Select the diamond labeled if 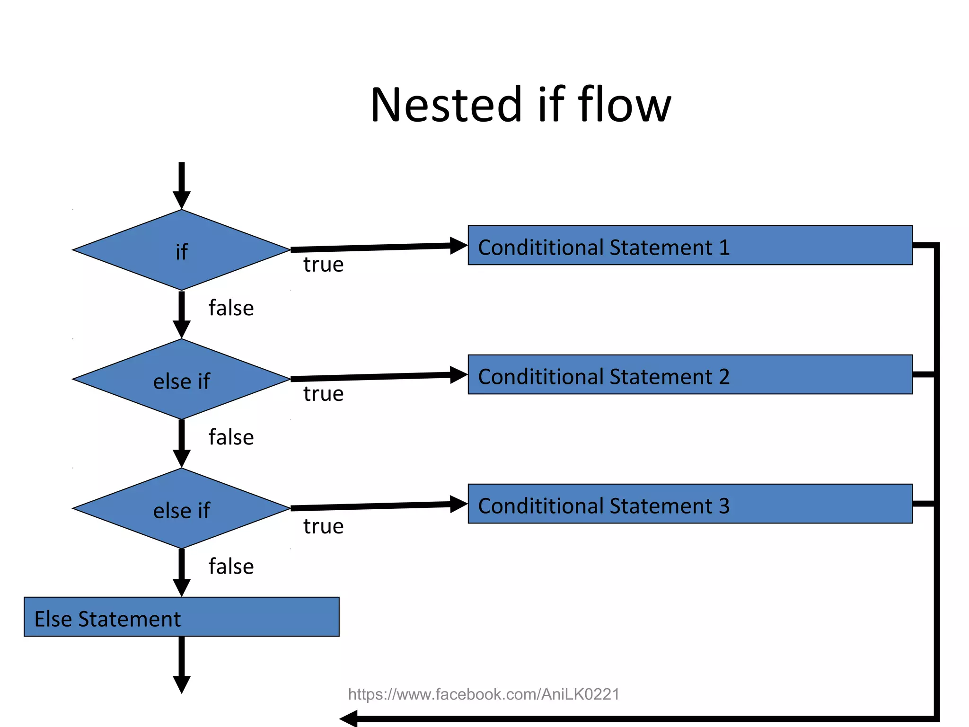[x=181, y=250]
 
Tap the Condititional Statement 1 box [x=690, y=245]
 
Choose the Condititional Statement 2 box [x=690, y=374]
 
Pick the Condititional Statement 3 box [x=690, y=504]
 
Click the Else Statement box [x=181, y=617]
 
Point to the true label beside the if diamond [x=323, y=265]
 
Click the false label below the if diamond [x=231, y=308]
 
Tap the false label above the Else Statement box [x=231, y=567]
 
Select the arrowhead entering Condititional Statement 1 [x=458, y=246]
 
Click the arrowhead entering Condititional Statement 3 [x=458, y=504]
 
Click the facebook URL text [x=484, y=694]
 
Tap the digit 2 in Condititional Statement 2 [x=723, y=377]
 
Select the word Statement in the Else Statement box [x=129, y=619]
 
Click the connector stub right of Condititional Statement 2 [x=924, y=374]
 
